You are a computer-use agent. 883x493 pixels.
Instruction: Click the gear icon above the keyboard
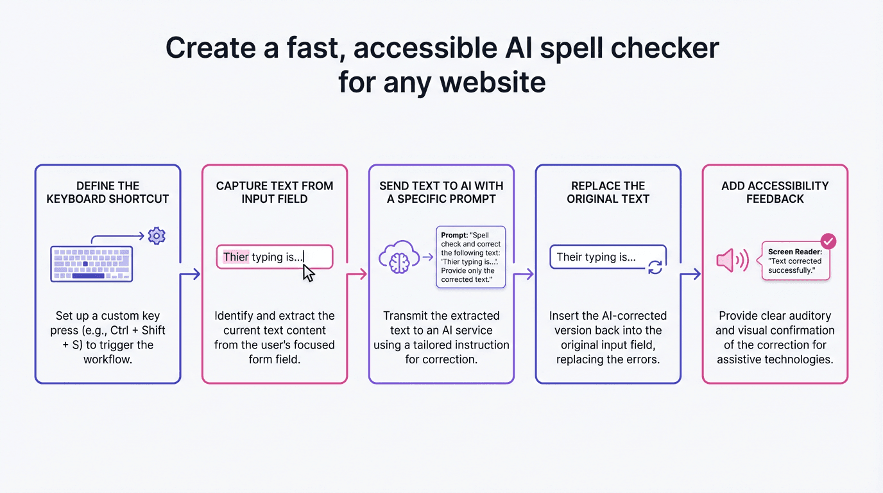[156, 236]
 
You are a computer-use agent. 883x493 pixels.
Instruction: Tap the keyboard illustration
[92, 264]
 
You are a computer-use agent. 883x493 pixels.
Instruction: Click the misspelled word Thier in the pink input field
[236, 257]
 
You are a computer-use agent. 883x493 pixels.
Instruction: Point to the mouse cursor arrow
[309, 272]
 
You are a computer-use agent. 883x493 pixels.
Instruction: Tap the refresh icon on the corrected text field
[655, 267]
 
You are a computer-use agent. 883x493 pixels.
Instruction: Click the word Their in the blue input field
[569, 257]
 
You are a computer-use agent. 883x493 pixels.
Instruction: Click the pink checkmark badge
[828, 241]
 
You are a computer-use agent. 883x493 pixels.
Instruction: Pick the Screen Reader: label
[795, 252]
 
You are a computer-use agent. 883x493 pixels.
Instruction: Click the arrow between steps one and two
[191, 275]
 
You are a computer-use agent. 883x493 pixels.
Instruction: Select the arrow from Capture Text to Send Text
[357, 275]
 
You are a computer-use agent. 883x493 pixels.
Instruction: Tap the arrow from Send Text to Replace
[524, 275]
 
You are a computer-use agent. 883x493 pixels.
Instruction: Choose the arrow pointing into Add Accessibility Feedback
[691, 275]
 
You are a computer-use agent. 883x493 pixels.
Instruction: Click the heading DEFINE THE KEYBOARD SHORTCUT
[108, 193]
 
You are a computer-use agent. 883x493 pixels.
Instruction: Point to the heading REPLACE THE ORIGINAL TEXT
[608, 193]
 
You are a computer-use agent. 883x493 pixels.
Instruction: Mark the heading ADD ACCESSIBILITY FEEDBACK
[775, 193]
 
